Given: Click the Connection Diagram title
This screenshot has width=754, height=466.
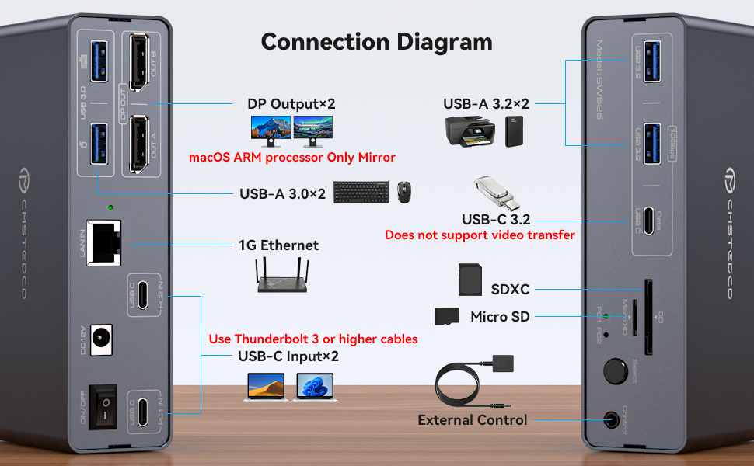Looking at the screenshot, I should click(x=376, y=41).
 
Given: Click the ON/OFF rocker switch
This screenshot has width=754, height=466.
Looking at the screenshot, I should click(x=103, y=406).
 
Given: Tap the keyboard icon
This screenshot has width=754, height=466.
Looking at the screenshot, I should click(x=361, y=193).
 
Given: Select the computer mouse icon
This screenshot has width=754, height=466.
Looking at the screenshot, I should click(x=403, y=193).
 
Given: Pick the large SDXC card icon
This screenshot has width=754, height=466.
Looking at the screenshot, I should click(x=468, y=279).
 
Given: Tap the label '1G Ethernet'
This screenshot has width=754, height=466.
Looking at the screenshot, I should click(x=278, y=245).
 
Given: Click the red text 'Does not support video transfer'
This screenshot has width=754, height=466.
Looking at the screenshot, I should click(x=480, y=235).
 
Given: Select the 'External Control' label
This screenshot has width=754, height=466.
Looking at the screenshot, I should click(x=472, y=419).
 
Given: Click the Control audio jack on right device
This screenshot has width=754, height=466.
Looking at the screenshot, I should click(x=616, y=419).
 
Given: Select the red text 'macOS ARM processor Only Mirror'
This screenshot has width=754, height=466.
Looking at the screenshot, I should click(x=292, y=158).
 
